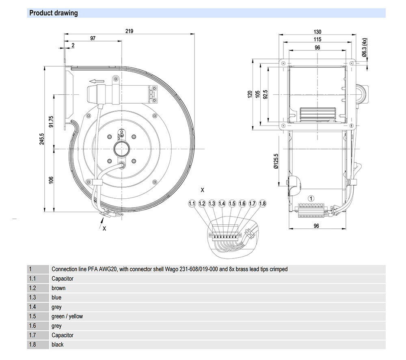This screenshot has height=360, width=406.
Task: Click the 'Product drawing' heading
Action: (53, 13)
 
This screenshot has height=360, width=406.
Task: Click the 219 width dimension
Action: (130, 31)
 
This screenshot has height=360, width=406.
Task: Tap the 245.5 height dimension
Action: (42, 139)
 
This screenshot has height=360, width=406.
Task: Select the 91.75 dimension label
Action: (51, 121)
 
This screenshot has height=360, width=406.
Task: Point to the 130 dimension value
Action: (317, 32)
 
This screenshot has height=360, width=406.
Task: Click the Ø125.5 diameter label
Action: (276, 161)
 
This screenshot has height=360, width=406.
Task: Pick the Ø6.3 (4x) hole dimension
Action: (365, 48)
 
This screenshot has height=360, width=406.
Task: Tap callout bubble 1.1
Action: (192, 203)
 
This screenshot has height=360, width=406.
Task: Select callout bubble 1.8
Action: (262, 203)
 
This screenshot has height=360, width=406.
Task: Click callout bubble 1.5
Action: (232, 203)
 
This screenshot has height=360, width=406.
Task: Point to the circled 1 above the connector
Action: (311, 199)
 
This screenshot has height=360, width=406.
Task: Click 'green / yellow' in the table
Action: (67, 316)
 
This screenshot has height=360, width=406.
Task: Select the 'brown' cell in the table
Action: (58, 288)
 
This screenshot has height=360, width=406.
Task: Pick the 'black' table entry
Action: (58, 345)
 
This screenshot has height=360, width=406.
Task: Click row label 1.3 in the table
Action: (32, 297)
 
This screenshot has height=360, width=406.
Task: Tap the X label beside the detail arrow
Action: (104, 228)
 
